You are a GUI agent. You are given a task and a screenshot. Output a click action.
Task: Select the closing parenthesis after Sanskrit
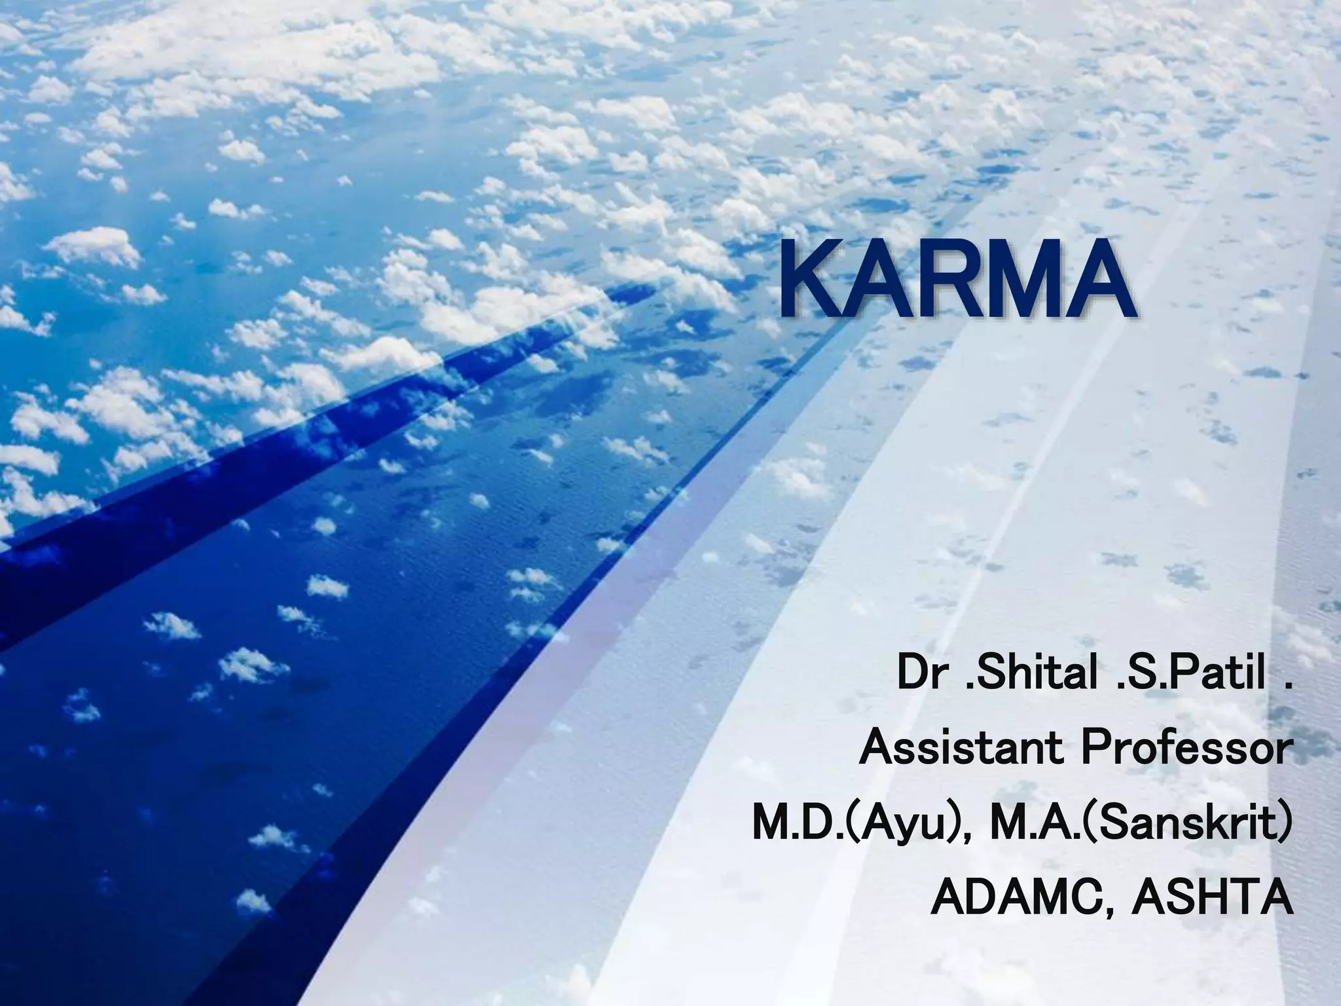[1285, 825]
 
